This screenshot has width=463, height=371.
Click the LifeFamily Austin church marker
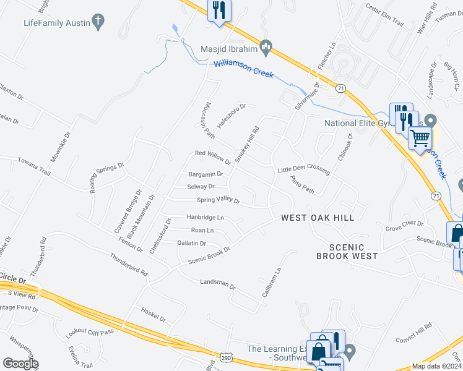pyautogui.click(x=97, y=22)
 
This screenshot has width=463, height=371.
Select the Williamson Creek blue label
pyautogui.click(x=243, y=68)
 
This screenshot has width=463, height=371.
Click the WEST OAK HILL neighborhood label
pyautogui.click(x=318, y=218)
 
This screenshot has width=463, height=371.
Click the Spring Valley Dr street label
pyautogui.click(x=218, y=200)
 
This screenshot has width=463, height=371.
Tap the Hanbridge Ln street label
pyautogui.click(x=206, y=218)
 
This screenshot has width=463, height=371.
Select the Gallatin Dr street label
pyautogui.click(x=191, y=244)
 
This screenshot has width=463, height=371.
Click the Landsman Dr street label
pyautogui.click(x=218, y=283)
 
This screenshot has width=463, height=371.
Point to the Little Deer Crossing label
pyautogui.click(x=303, y=169)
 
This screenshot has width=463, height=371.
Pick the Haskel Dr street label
pyautogui.click(x=154, y=313)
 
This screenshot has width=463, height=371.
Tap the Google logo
pyautogui.click(x=20, y=364)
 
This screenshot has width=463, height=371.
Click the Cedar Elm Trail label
pyautogui.click(x=384, y=16)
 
